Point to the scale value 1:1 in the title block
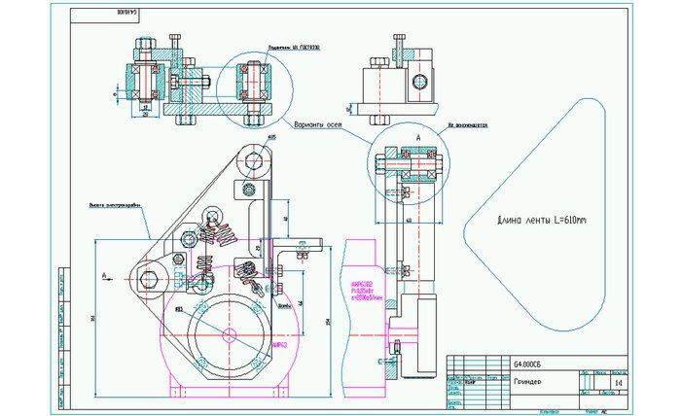pos(620,385)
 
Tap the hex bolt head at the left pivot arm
pos(149,281)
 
